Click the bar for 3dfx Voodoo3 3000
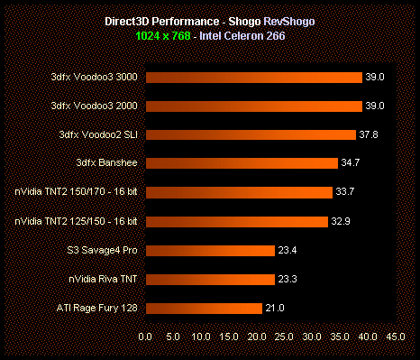pos(252,78)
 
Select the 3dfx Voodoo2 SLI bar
pos(250,134)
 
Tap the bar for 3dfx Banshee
pos(242,163)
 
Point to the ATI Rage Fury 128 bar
pos(203,308)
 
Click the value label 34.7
pos(352,163)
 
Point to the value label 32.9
pos(342,221)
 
